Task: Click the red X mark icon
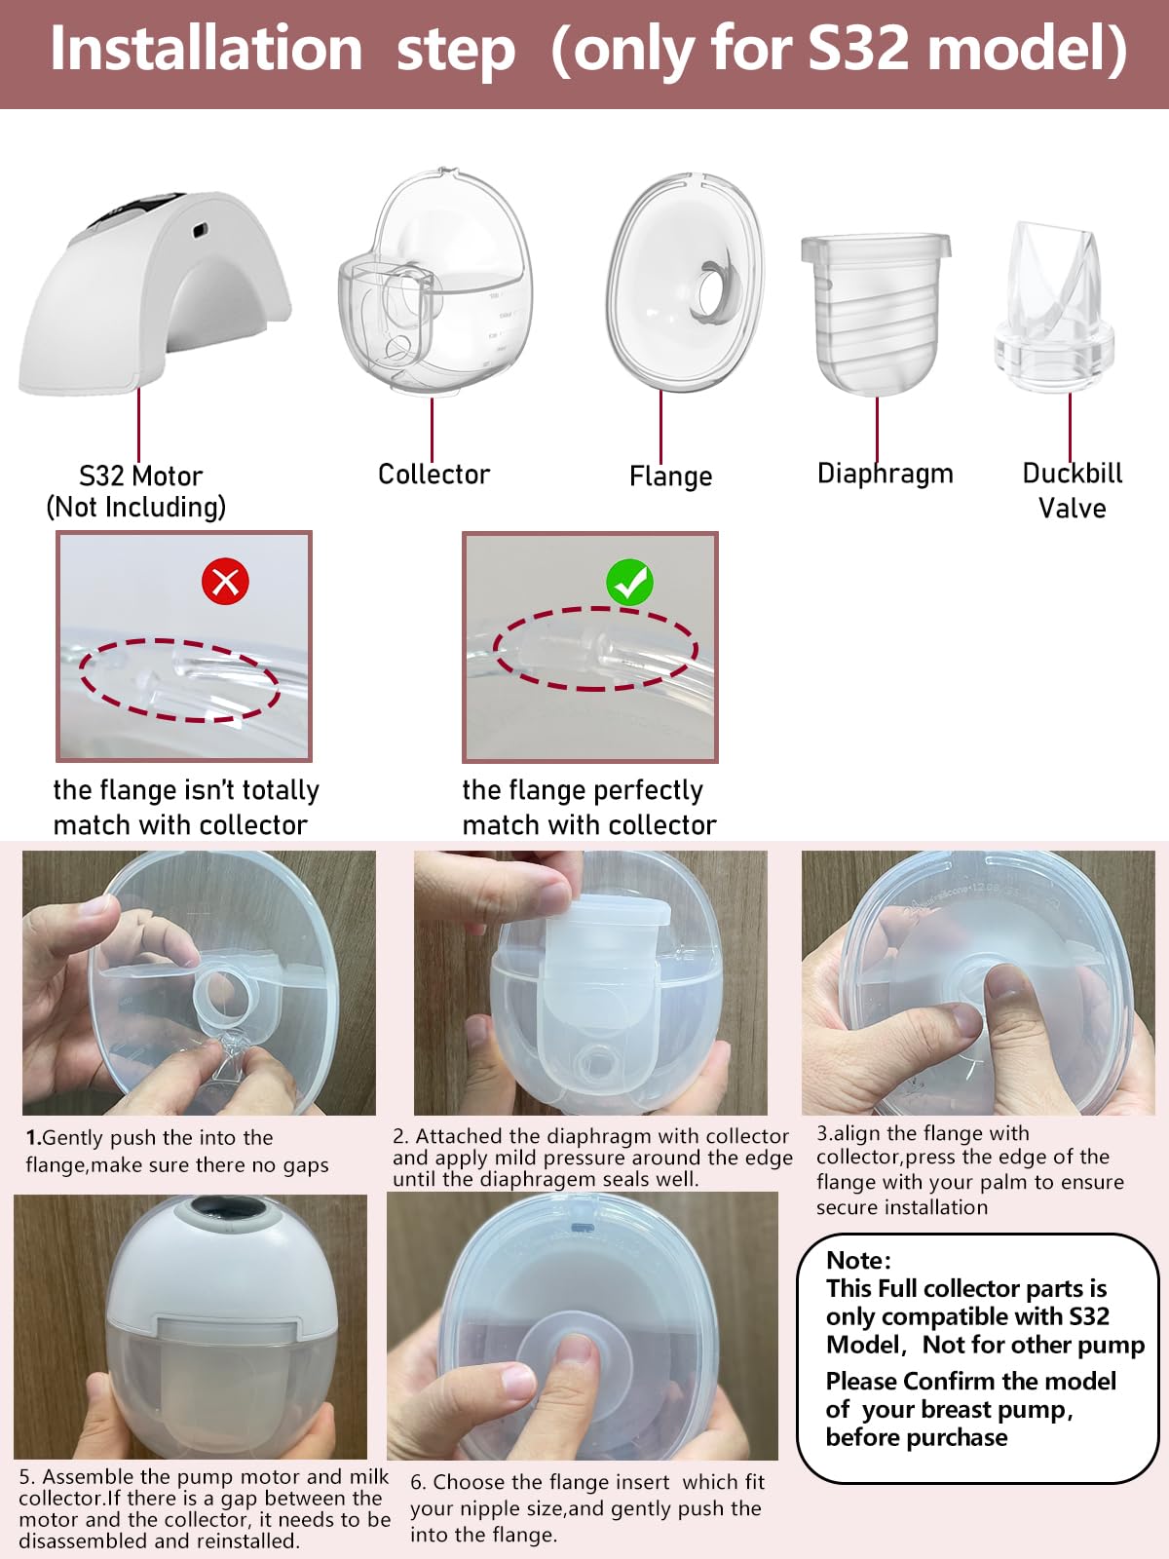pos(225,582)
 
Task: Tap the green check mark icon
pos(629,582)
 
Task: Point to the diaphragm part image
pos(875,312)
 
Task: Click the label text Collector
pos(434,475)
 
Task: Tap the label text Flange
pos(670,476)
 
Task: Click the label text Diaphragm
pos(885,474)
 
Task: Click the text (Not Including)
pos(136,507)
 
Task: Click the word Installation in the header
pos(206,49)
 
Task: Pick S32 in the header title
pos(860,49)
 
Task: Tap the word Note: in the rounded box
pos(858,1260)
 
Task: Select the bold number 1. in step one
pos(33,1138)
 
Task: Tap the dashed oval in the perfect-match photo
pos(595,649)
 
